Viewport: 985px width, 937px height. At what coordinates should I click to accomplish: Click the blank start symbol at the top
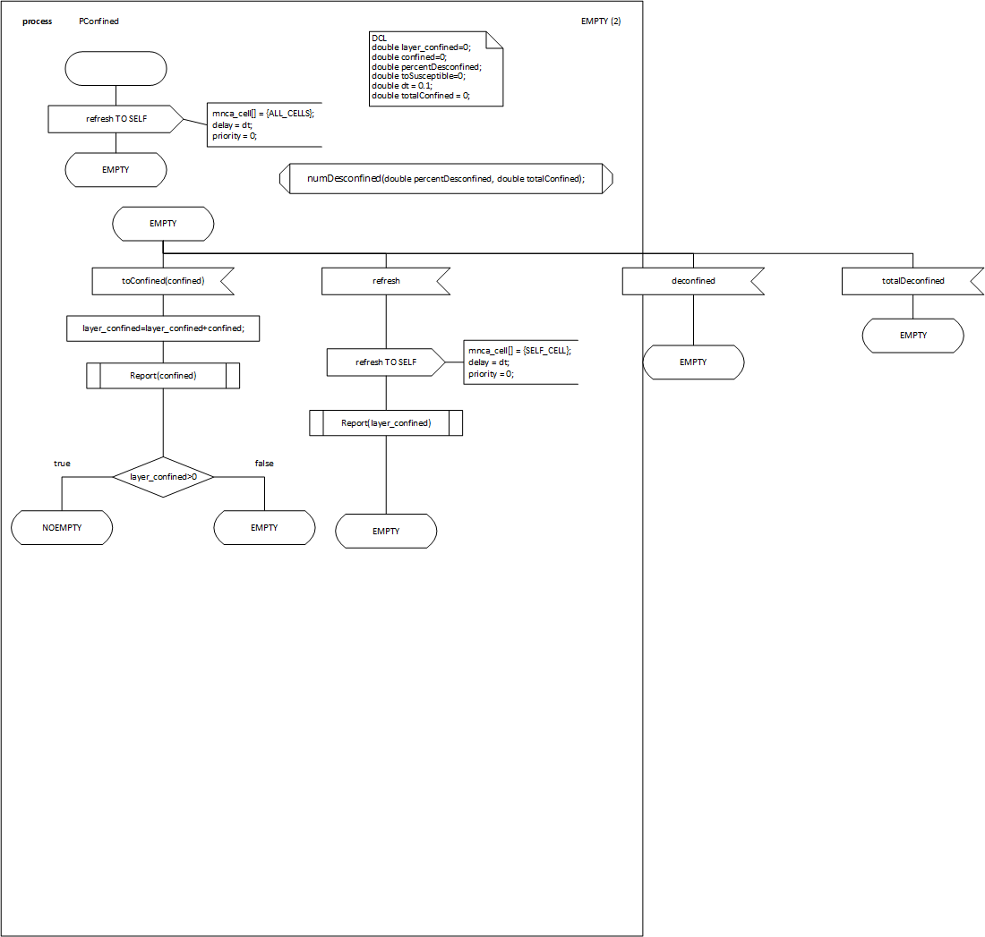coord(116,68)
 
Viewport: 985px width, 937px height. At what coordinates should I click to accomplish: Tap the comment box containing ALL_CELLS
coord(264,124)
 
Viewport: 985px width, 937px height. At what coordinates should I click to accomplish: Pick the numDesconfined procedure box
coord(445,179)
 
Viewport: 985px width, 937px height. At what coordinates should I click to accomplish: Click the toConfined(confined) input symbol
coord(161,281)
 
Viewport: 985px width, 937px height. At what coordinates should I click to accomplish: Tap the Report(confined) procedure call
coord(163,376)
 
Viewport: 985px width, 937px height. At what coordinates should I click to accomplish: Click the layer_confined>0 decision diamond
coord(163,477)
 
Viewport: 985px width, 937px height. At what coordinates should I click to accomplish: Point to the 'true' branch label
coord(62,464)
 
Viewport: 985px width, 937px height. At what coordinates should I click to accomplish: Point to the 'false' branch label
coord(264,464)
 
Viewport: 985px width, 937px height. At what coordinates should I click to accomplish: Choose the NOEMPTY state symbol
coord(62,528)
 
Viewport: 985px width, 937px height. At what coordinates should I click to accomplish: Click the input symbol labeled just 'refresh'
coord(385,281)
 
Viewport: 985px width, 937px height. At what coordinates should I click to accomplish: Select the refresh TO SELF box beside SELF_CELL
coord(385,362)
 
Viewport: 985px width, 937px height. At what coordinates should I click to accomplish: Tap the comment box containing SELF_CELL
coord(520,362)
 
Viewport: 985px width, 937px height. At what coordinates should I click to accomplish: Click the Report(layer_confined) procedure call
coord(386,422)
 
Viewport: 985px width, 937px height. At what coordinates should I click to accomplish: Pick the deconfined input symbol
coord(692,281)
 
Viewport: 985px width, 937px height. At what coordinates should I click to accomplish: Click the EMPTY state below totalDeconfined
coord(912,336)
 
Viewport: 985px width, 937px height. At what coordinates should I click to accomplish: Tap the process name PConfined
coord(98,21)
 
